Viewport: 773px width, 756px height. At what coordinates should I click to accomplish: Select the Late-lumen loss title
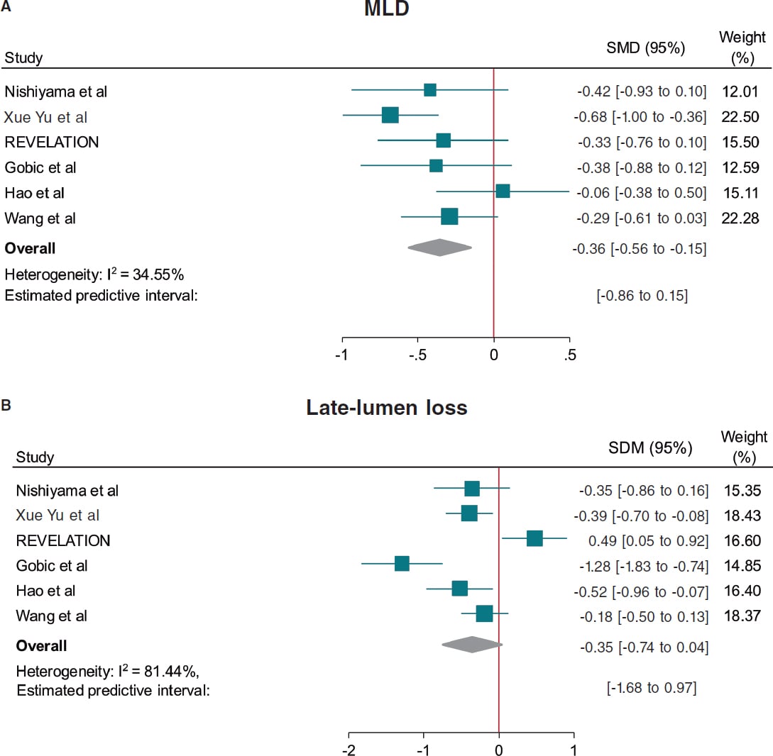pos(387,408)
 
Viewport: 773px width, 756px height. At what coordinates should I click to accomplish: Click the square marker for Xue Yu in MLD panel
pos(390,116)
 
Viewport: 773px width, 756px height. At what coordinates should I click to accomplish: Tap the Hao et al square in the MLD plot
pos(503,191)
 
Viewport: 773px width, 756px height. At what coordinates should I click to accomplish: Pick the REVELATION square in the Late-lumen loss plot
pos(534,539)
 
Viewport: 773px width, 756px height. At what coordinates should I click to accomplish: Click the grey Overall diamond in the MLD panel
pos(440,248)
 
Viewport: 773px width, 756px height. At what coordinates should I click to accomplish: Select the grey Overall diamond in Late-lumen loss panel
pos(471,645)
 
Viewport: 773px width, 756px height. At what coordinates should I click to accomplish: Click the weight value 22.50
pos(742,117)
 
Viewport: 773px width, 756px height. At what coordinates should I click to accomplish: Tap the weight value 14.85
pos(743,566)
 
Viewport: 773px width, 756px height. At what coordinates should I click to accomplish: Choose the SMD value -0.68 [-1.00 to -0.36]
pos(641,117)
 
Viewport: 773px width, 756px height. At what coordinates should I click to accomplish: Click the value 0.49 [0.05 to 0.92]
pos(648,540)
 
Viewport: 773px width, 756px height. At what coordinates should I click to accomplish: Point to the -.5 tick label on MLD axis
pos(417,355)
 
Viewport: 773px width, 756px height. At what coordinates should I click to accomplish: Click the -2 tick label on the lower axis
pos(349,750)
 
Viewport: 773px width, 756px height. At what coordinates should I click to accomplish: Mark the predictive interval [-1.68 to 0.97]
pos(651,687)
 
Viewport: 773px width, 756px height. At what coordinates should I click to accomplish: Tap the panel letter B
pos(6,406)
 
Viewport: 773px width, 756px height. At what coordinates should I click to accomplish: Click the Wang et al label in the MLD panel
pos(40,218)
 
